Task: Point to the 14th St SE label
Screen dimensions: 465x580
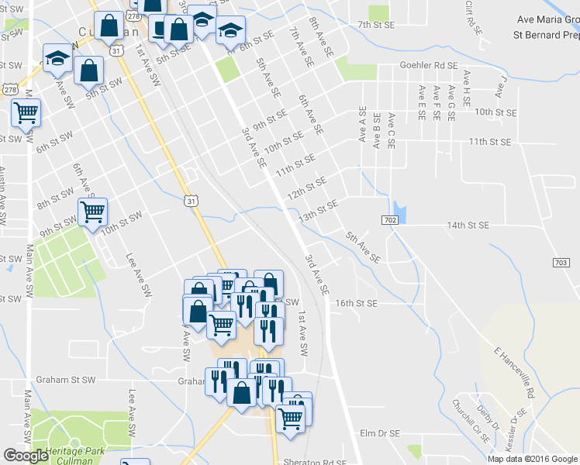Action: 468,226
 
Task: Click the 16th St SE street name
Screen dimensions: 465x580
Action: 356,303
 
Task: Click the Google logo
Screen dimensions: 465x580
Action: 26,456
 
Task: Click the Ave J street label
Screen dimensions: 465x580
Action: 500,87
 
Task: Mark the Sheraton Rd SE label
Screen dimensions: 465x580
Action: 319,463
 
